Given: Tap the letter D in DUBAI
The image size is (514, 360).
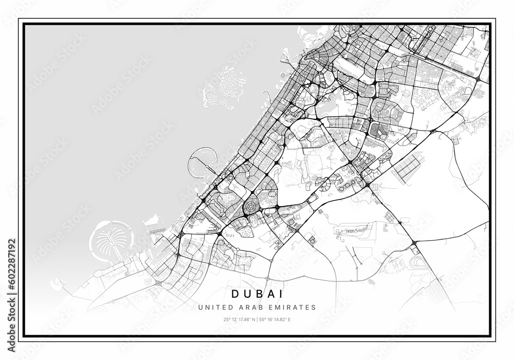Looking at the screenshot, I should [x=235, y=294].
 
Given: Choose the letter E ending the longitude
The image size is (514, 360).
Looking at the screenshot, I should [x=290, y=320].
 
